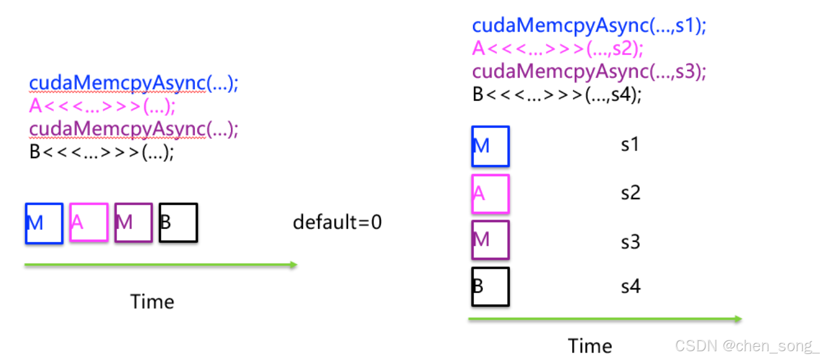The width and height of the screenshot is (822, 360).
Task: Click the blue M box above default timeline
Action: [x=44, y=223]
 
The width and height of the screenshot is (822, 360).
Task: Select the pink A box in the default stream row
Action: [x=89, y=222]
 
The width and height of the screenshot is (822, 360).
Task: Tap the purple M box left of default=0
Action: [x=133, y=222]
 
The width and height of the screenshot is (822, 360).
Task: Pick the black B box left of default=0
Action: [x=178, y=223]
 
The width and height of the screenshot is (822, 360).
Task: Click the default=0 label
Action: [x=337, y=222]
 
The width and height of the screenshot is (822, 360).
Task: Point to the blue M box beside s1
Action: [x=491, y=146]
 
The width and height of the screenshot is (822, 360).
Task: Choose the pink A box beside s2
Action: [x=491, y=194]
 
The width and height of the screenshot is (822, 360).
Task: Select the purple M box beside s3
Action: [x=491, y=240]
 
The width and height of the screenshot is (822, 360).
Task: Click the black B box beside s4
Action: [x=491, y=286]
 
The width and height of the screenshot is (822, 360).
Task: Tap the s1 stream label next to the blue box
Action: [x=630, y=145]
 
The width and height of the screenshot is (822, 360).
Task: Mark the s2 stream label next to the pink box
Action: [x=630, y=193]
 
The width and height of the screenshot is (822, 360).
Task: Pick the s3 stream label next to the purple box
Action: [x=630, y=241]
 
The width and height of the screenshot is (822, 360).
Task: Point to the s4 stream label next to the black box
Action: [x=630, y=286]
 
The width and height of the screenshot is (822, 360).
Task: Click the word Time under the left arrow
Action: [x=152, y=301]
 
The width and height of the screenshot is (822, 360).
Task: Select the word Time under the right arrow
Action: [x=590, y=346]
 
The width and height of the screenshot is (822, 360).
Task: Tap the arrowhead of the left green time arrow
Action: [x=294, y=265]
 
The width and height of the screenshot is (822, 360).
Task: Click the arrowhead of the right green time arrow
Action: [x=738, y=319]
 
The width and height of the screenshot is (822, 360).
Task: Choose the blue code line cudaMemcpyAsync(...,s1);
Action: [x=589, y=26]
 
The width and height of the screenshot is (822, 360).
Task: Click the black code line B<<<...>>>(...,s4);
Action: [x=557, y=95]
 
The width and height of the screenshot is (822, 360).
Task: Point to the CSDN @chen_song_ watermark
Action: [x=747, y=346]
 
